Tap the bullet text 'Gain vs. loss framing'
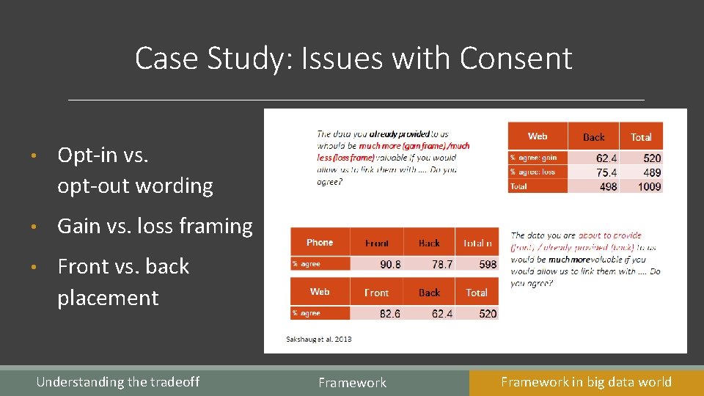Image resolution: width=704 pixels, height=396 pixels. pyautogui.click(x=155, y=226)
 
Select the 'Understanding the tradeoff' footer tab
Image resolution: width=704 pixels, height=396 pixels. pyautogui.click(x=117, y=381)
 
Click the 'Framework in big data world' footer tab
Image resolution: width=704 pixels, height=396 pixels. pyautogui.click(x=586, y=381)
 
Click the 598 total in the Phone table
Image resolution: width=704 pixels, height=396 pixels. pyautogui.click(x=487, y=264)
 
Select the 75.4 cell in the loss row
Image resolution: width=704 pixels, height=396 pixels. pyautogui.click(x=606, y=172)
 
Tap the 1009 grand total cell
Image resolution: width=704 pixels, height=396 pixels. pyautogui.click(x=648, y=186)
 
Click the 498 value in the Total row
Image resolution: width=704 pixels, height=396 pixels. pyautogui.click(x=607, y=186)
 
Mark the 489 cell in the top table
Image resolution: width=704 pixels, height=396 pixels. pyautogui.click(x=651, y=172)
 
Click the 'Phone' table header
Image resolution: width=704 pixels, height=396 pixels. pyautogui.click(x=320, y=242)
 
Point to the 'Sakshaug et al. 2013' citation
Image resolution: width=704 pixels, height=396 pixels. pyautogui.click(x=319, y=339)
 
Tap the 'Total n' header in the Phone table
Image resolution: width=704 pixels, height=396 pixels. pyautogui.click(x=477, y=243)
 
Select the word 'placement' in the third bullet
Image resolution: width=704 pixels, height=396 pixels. pyautogui.click(x=108, y=298)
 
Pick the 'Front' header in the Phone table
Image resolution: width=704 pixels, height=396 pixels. pyautogui.click(x=377, y=243)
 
